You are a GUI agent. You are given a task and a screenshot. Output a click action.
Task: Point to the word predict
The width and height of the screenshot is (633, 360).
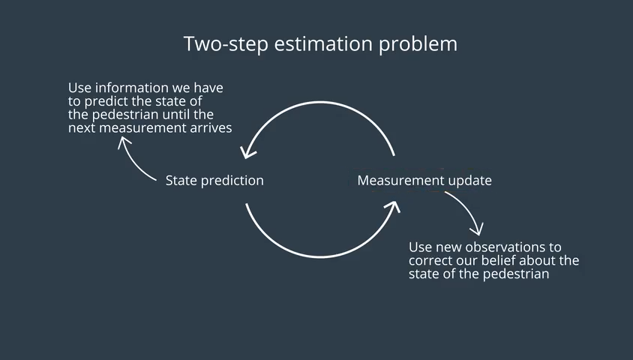[107, 101]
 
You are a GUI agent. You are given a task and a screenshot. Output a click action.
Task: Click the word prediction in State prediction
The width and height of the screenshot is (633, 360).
[232, 181]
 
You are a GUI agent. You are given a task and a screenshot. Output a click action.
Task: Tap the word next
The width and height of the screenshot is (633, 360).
[81, 128]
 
